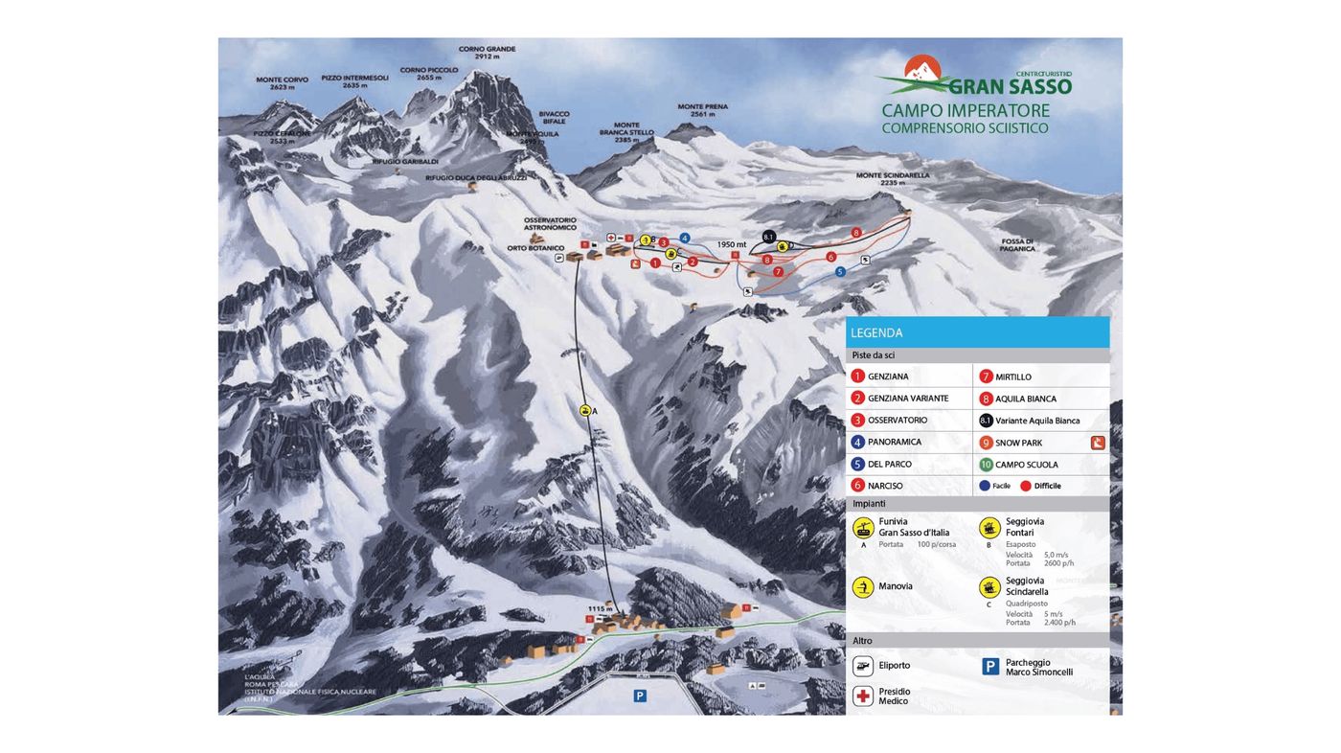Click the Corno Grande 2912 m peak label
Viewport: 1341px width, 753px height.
[x=487, y=53]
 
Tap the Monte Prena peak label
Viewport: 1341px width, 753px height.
[x=702, y=110]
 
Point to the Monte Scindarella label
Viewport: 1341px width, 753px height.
[x=892, y=179]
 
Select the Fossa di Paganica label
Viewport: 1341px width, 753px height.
[x=1017, y=244]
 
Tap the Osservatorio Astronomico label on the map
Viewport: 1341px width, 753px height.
[x=550, y=223]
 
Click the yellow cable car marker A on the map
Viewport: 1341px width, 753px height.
[x=584, y=410]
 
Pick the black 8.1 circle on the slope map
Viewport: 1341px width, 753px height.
[x=768, y=237]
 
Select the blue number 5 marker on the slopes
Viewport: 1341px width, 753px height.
[x=840, y=272]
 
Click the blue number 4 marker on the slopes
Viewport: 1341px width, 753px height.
[x=684, y=238]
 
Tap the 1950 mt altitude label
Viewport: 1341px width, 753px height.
[x=732, y=244]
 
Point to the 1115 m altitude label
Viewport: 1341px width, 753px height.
[x=600, y=608]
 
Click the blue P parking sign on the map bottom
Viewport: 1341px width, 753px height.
[x=640, y=696]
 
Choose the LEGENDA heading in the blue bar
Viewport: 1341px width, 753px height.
[x=876, y=333]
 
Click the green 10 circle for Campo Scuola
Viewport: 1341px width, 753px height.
[x=986, y=465]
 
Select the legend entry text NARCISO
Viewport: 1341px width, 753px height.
[x=885, y=486]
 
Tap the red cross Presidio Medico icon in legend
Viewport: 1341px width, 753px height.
[x=863, y=696]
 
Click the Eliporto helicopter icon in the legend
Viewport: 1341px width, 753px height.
[x=863, y=666]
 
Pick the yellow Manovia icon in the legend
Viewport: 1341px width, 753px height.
[x=863, y=586]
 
